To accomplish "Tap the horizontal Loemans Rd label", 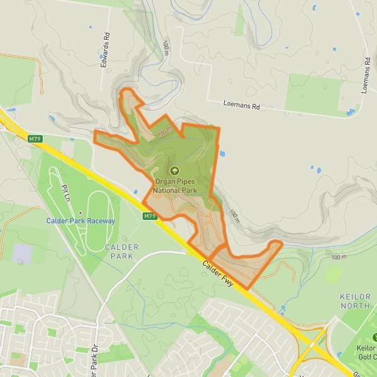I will [241, 106].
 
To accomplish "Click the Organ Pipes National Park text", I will [175, 185].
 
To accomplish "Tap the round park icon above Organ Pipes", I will [175, 170].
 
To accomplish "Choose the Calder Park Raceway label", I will [80, 221].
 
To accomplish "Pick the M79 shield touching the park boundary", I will [149, 216].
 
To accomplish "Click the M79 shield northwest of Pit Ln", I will [35, 138].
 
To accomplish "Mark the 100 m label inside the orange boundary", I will [165, 133].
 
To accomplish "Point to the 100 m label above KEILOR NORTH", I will [339, 258].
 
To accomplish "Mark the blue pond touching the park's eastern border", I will [222, 153].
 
